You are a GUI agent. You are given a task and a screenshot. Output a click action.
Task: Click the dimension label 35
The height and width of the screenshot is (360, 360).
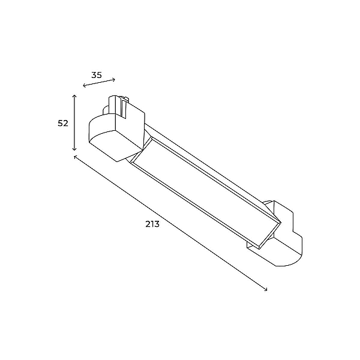pos(97,75)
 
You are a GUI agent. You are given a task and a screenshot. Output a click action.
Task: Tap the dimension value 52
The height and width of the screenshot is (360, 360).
pos(63,123)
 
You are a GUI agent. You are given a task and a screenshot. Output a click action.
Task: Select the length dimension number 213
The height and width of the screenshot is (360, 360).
pos(152,224)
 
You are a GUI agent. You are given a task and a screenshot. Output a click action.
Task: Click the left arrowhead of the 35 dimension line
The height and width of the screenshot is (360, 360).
pos(84,86)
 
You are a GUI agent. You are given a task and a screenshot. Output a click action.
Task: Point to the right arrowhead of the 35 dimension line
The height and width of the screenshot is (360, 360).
pos(113,79)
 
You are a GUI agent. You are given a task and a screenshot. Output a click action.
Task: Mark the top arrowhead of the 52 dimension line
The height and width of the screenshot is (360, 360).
pos(74,96)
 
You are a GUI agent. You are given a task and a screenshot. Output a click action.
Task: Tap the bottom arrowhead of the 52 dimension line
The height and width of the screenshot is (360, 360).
pos(74,149)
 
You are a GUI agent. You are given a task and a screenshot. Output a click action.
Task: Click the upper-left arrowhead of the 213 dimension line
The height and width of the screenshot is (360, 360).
pos(75,157)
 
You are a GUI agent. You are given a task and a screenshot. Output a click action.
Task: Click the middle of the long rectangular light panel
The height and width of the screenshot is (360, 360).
pos(206,193)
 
